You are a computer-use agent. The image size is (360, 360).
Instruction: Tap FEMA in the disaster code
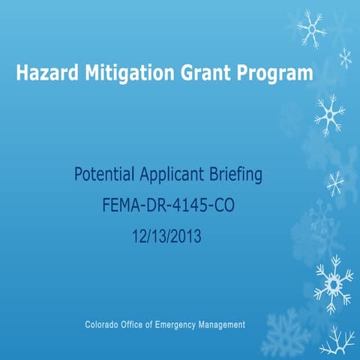(119, 204)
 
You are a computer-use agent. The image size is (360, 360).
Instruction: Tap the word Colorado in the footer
(104, 325)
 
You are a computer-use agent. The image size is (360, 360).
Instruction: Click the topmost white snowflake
(310, 28)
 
